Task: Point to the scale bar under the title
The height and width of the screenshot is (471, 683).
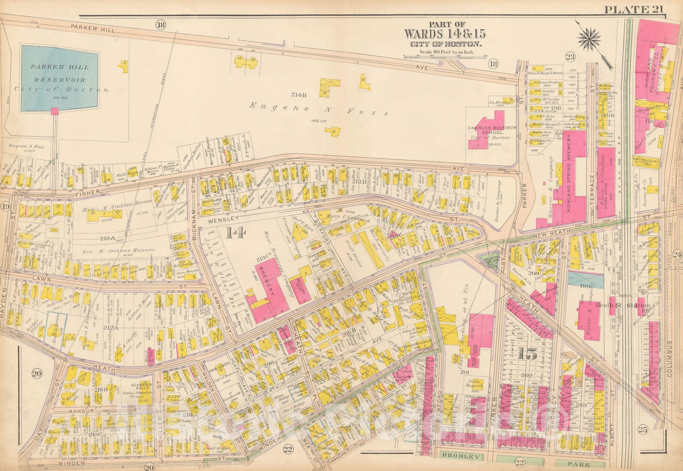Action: coord(444,56)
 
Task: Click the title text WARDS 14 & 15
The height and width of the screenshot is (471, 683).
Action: coord(444,34)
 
